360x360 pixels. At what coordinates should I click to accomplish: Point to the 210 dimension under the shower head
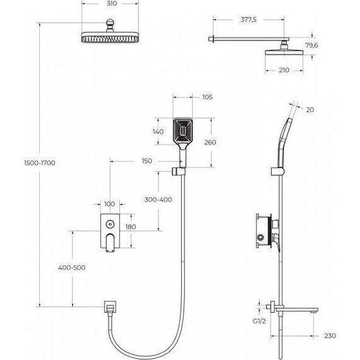coord(284,70)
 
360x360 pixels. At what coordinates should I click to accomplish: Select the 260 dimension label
coord(210,142)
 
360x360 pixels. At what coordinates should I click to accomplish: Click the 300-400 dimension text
coord(158,199)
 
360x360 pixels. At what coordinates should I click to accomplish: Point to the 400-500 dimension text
coord(71,268)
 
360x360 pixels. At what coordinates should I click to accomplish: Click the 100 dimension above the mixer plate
coord(111,204)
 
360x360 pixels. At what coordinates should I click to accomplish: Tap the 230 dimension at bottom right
coord(330,335)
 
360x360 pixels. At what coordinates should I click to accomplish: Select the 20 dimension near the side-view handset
coord(310,109)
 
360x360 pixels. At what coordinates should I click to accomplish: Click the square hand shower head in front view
coord(182,131)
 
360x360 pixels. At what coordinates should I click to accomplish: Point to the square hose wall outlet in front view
coord(110,308)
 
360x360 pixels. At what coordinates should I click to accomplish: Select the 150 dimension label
coord(147,161)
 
